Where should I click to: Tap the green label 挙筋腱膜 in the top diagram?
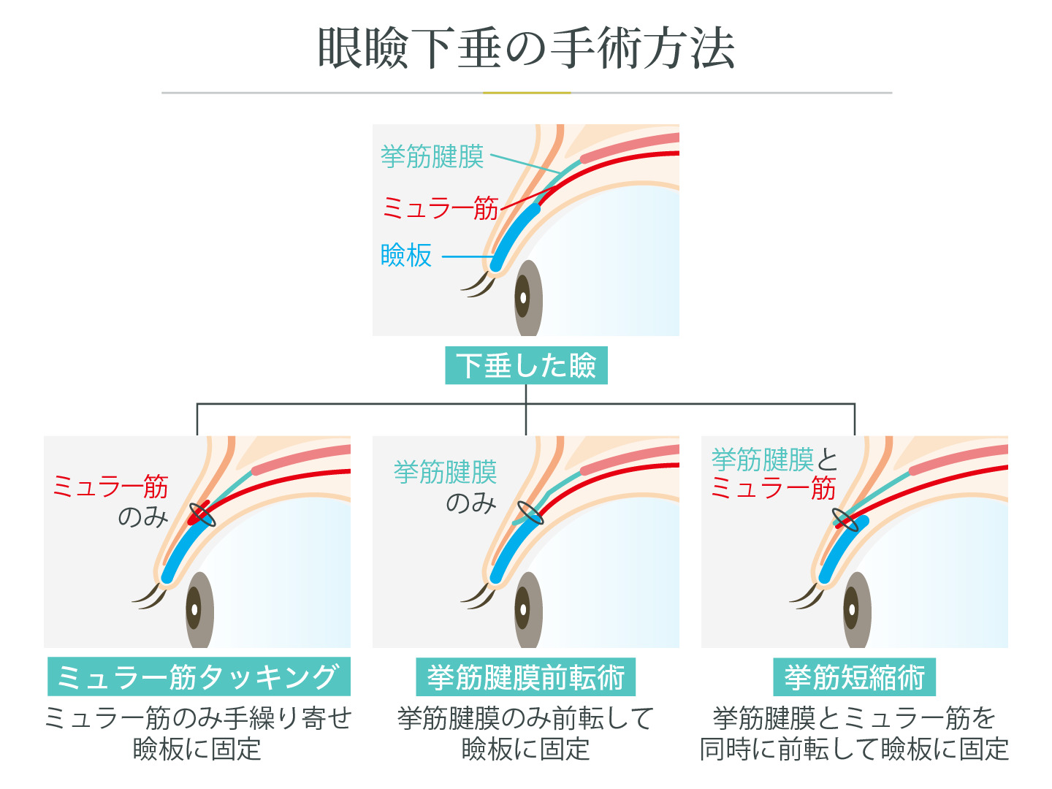point(432,156)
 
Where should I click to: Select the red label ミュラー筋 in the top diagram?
point(440,208)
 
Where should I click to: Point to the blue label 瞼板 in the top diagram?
point(406,256)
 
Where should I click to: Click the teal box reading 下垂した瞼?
point(526,365)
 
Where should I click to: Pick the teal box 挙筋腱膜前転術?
point(526,677)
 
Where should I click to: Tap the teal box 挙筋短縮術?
point(855,677)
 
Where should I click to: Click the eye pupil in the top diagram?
point(523,297)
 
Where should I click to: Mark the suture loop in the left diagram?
point(202,514)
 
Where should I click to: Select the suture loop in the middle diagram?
point(530,514)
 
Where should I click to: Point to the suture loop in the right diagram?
point(846,520)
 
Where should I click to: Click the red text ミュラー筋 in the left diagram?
point(110,486)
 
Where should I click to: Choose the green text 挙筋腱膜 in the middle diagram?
point(445,472)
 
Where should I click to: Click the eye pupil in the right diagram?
point(851,609)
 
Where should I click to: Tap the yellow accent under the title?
point(527,93)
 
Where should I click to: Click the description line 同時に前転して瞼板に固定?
point(855,749)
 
